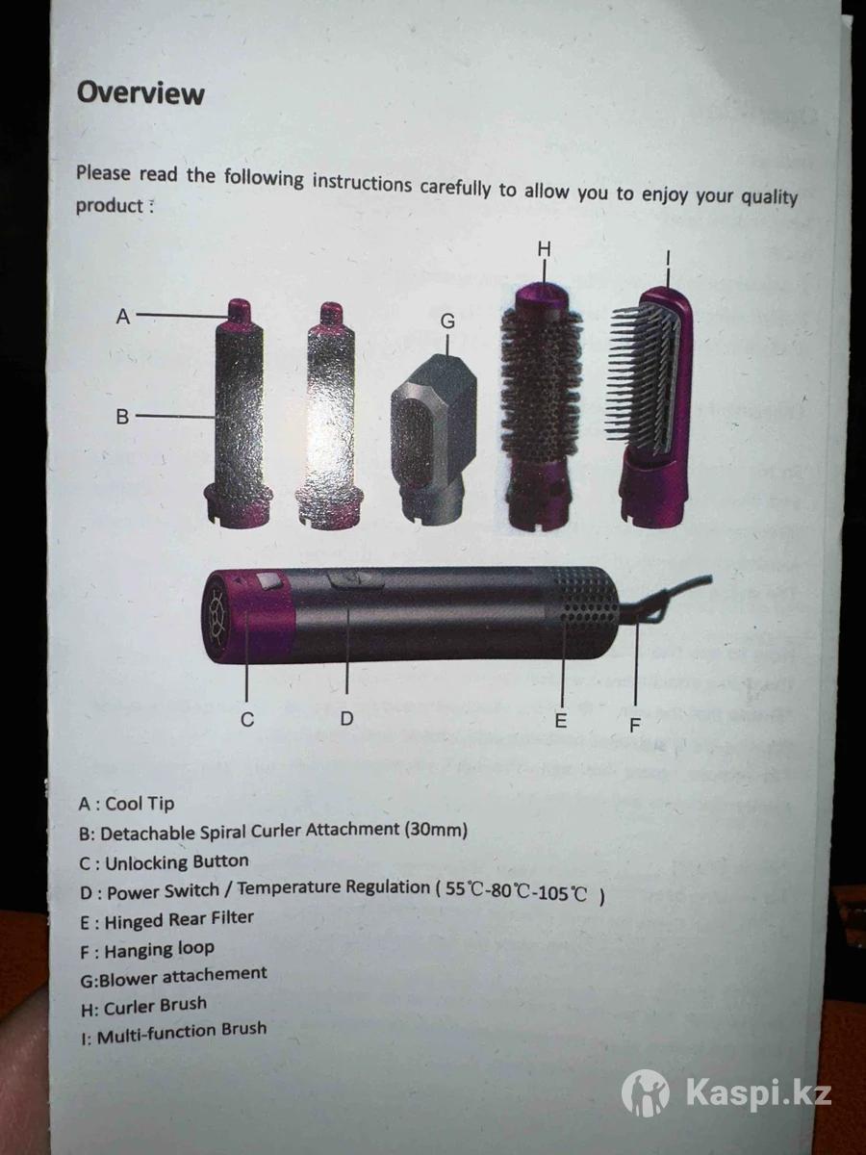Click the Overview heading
tap(140, 93)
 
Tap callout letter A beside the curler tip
tap(123, 317)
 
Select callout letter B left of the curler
tap(122, 416)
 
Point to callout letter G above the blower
tap(447, 321)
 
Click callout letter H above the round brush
tap(545, 249)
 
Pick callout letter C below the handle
tap(247, 719)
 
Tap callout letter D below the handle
tap(346, 718)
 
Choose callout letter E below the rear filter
tap(561, 720)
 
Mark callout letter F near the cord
tap(635, 725)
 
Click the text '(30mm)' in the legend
tap(436, 830)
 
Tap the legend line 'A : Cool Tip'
tap(126, 804)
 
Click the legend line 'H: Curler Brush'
tap(143, 1007)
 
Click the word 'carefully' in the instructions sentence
tap(455, 189)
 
